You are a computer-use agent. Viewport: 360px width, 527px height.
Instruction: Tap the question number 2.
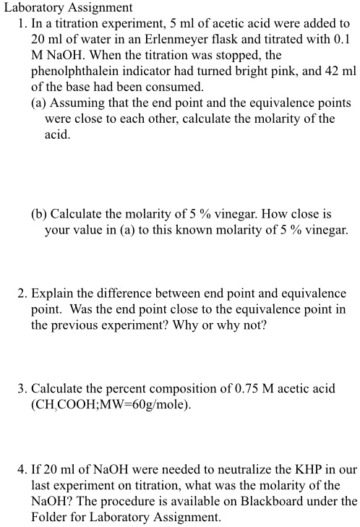22,294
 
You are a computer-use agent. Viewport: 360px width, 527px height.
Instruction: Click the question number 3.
22,389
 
